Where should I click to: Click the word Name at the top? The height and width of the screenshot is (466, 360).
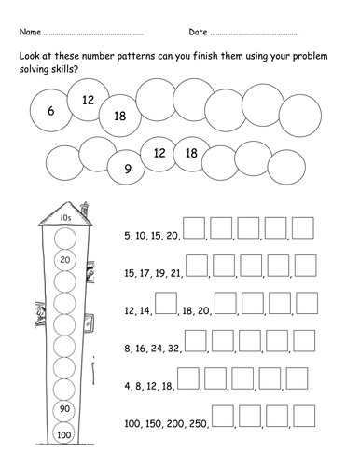(x=30, y=32)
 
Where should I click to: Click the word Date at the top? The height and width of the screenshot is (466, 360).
(x=198, y=32)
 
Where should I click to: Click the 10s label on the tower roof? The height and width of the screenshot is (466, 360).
(x=65, y=218)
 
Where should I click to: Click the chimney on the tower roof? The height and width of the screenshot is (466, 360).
(x=85, y=209)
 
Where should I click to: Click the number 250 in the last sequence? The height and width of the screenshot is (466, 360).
(x=198, y=423)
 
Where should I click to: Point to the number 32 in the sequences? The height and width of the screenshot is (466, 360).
(x=173, y=349)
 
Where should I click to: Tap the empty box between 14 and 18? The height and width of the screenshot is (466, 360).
(x=166, y=303)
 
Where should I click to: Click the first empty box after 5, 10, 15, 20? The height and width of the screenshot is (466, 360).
(x=194, y=227)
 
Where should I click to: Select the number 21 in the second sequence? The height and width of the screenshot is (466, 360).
(x=175, y=274)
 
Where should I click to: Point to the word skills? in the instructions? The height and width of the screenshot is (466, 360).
(x=62, y=69)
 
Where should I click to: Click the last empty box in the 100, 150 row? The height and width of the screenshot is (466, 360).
(x=304, y=416)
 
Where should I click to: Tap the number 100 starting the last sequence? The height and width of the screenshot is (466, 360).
(x=132, y=423)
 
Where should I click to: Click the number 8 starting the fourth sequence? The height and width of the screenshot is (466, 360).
(x=127, y=349)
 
